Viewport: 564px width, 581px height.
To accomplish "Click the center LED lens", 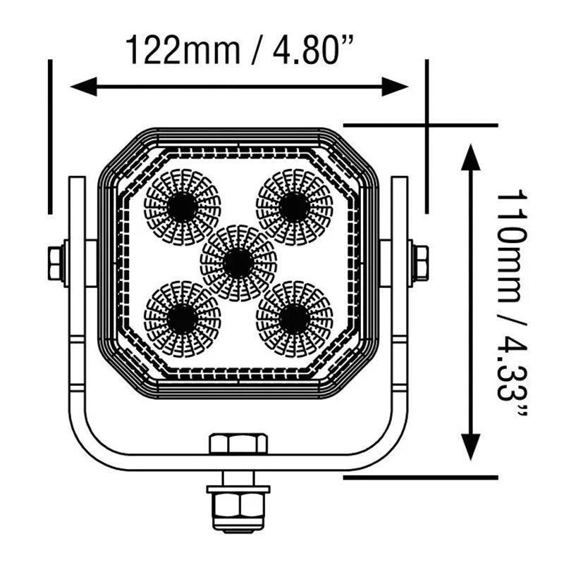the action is tap(238, 263).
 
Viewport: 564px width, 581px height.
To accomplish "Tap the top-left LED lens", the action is tap(182, 207).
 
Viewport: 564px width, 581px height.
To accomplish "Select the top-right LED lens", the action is tap(294, 207).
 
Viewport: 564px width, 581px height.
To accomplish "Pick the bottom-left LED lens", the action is tap(182, 318).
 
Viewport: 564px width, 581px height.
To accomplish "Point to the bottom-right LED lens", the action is tap(294, 318).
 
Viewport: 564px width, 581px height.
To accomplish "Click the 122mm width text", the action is tap(183, 51).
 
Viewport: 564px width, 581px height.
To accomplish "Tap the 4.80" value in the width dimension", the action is tap(312, 51).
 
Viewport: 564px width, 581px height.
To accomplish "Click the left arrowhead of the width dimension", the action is tap(83, 87).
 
